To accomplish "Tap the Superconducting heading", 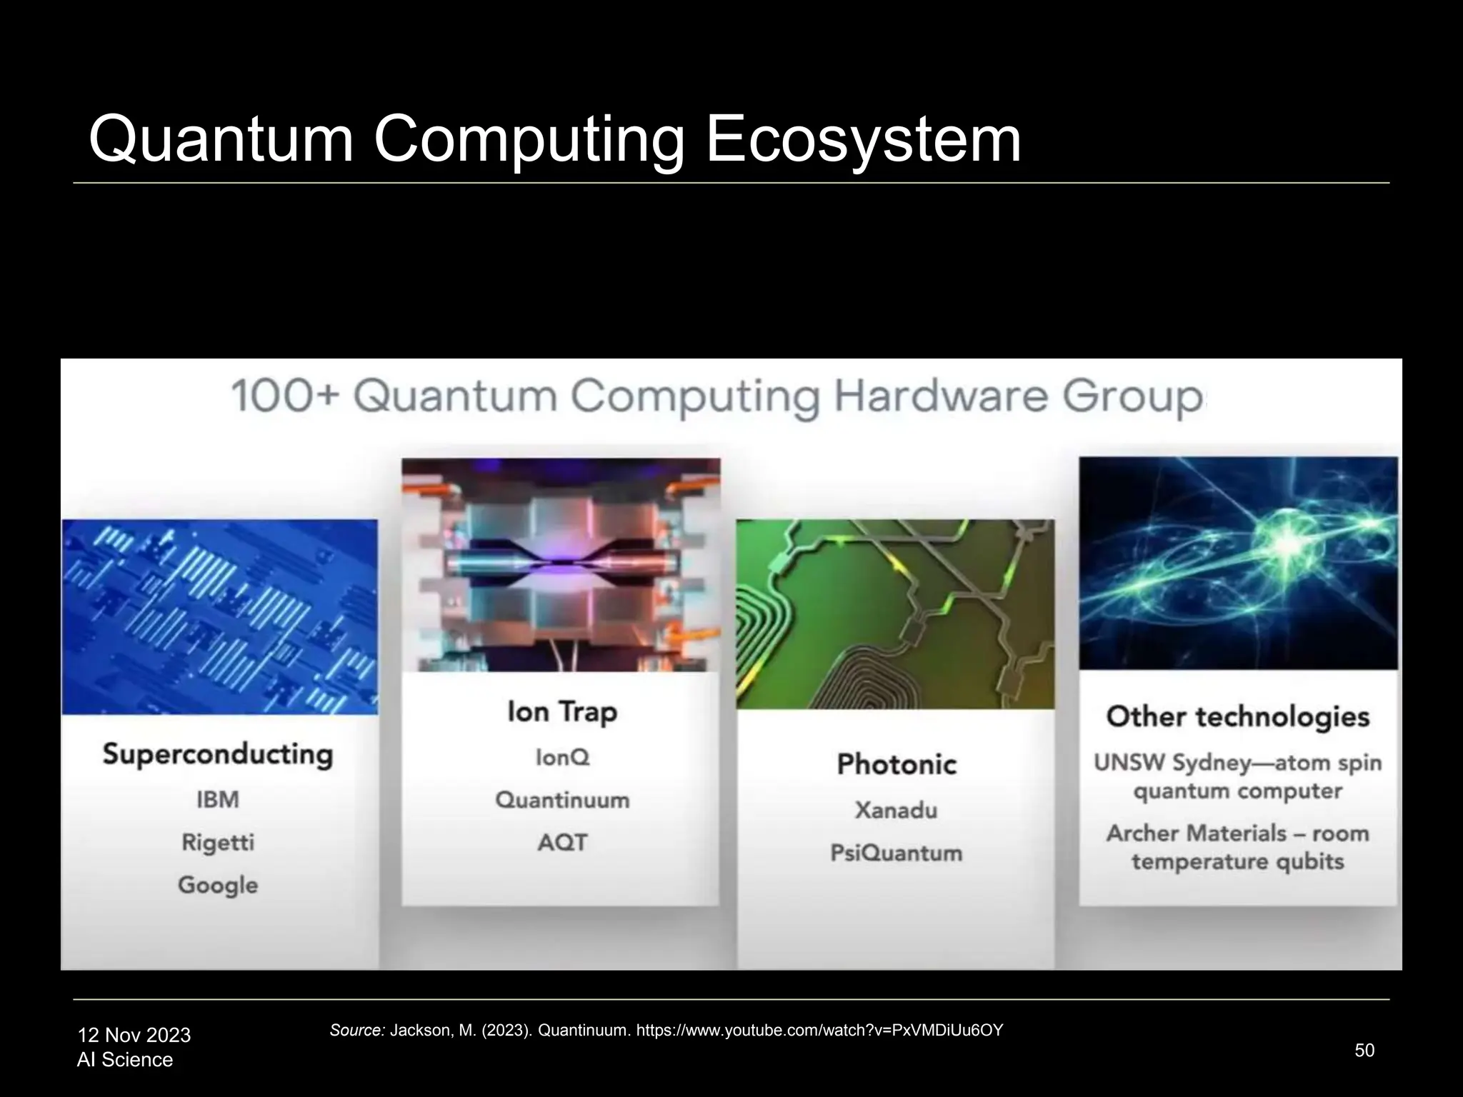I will pos(218,754).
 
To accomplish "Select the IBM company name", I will pos(218,799).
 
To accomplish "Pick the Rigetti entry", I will pos(218,842).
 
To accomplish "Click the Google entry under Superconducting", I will pos(218,885).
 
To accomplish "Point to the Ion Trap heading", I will pos(562,712).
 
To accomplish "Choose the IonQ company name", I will pos(562,757).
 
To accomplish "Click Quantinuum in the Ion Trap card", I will pos(562,800).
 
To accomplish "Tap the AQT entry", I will pos(562,843).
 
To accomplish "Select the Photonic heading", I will pos(897,764).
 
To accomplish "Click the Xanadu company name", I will pos(897,810).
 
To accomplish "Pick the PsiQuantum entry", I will pos(897,853).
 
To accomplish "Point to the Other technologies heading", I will pos(1238,717).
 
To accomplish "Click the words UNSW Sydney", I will pos(1172,763).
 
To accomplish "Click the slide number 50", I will pos(1364,1050).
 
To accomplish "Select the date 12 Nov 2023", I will pos(134,1035).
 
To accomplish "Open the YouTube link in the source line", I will pos(819,1030).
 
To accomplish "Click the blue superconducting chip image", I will pos(220,616).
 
